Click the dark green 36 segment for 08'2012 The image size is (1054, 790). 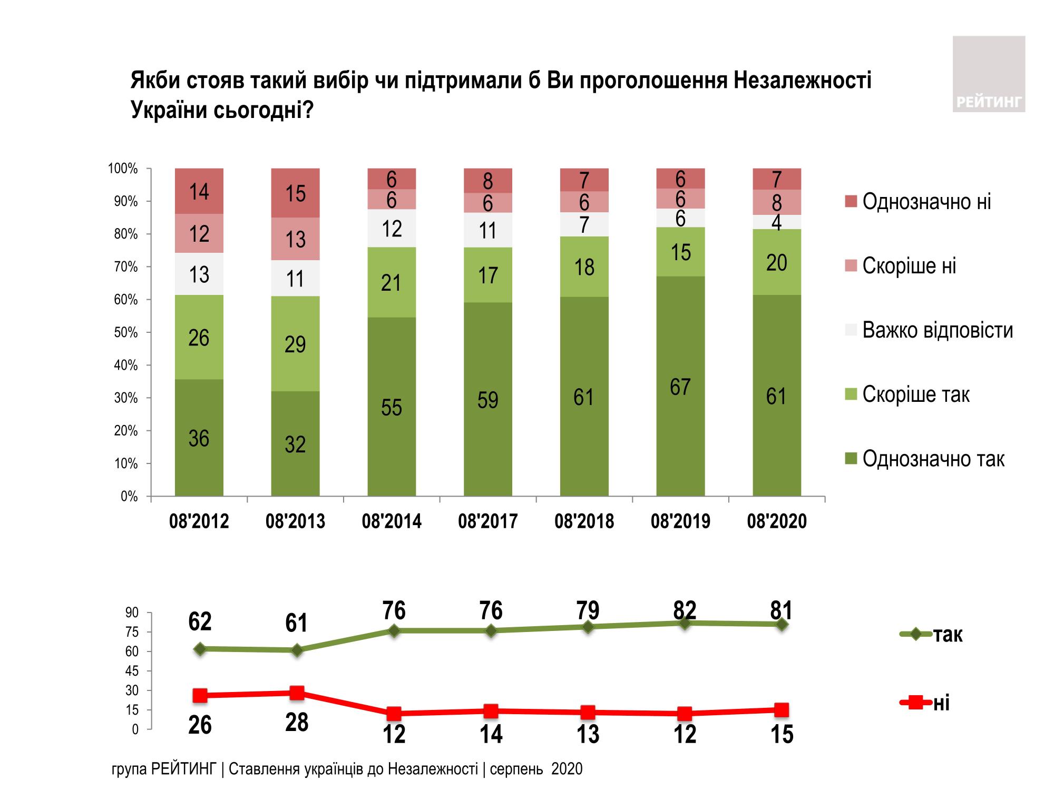pos(199,437)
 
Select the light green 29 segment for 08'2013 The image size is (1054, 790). pos(295,343)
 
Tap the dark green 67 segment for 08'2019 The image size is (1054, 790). pos(680,386)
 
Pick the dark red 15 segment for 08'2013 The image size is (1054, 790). pos(295,193)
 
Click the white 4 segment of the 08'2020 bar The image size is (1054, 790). pos(776,222)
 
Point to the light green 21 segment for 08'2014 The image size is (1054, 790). pos(392,282)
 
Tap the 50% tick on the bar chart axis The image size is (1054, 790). pos(126,332)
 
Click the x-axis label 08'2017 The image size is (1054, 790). pos(487,521)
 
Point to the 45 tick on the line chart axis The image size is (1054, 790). pos(132,671)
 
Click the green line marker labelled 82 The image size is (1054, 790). pos(685,623)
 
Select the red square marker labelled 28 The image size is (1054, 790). pos(297,693)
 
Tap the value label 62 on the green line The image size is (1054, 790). pos(200,621)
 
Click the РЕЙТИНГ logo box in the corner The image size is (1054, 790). pos(989,74)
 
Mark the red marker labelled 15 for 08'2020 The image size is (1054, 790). pos(782,710)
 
